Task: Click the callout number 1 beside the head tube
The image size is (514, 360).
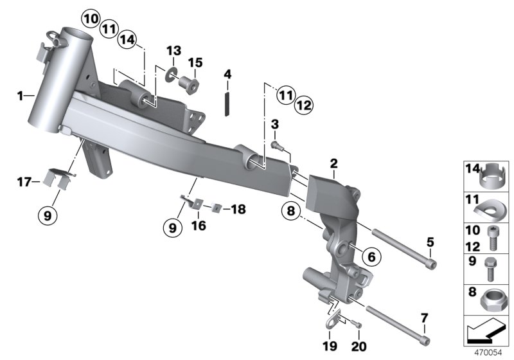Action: [x=21, y=96]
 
